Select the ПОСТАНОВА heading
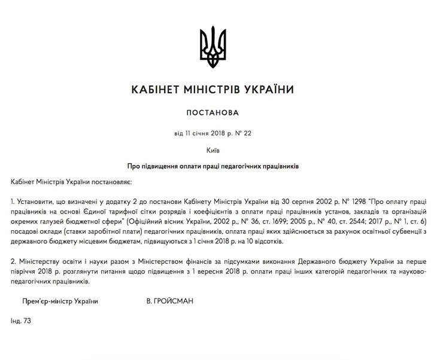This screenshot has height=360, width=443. pyautogui.click(x=221, y=112)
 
